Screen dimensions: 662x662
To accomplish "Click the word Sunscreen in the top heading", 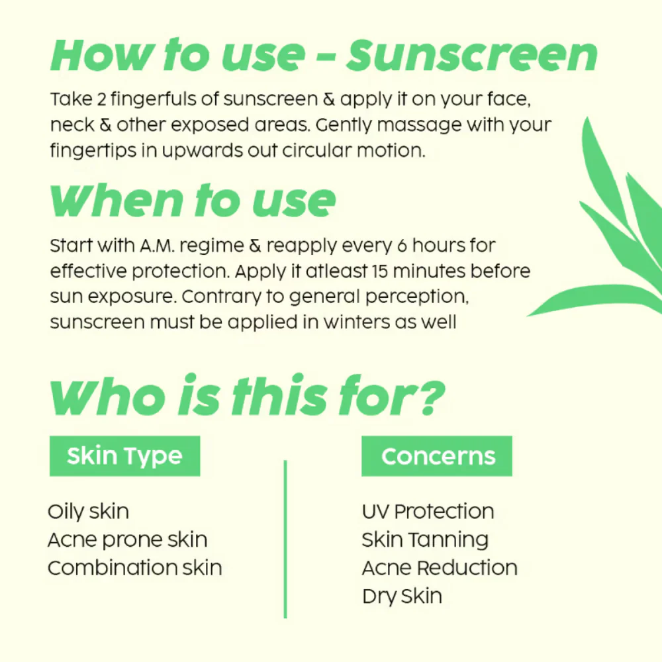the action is coord(471,56).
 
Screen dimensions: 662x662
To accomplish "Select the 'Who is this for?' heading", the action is coord(248,396).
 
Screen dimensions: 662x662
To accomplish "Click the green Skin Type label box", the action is coord(124,456).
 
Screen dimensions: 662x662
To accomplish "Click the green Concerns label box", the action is coord(436,456).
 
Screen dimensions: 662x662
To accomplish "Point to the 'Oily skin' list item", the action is coord(88,512).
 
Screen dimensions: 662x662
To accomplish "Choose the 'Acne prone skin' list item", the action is coord(128,540).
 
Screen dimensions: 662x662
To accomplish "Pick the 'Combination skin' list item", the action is coord(134,568).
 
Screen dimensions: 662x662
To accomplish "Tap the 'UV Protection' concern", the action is coord(428,511).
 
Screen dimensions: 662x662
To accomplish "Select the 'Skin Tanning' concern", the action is coord(425,540).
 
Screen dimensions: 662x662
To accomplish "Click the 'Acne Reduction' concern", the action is coord(440,568).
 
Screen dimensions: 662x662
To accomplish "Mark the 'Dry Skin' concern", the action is coord(402,596).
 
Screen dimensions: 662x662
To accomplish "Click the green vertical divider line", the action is coord(285,539).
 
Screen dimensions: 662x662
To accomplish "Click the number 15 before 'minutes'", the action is coord(380,271).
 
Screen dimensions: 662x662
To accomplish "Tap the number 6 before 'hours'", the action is coord(402,246).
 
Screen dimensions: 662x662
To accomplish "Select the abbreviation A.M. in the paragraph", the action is coord(157,246).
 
